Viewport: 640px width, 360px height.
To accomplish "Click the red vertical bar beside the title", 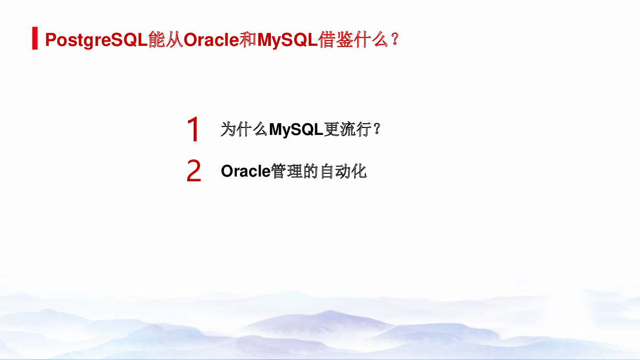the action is [35, 38].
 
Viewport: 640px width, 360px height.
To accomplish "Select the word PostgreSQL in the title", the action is [97, 40].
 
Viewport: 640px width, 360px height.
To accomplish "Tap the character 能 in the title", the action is [157, 39].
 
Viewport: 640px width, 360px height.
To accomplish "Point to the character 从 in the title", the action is [174, 39].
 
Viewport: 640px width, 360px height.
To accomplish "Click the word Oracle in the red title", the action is [211, 39].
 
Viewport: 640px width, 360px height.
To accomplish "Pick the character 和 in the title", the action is [248, 39].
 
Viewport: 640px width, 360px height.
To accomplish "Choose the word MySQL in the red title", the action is [287, 40].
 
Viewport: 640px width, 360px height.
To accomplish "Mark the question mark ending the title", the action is [395, 39].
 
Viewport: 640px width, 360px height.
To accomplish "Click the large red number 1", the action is [193, 129].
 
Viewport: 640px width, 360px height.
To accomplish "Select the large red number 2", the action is [194, 171].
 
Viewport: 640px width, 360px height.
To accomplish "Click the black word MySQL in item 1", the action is [296, 130].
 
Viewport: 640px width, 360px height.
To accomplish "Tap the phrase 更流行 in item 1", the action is [348, 129].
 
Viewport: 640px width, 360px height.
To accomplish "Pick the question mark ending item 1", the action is [377, 129].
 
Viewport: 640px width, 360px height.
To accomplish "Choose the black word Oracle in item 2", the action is [246, 171].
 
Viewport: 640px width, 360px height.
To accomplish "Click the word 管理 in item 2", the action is [286, 171].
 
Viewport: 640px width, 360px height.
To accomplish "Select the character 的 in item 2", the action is [310, 171].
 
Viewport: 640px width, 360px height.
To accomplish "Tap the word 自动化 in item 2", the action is [343, 171].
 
